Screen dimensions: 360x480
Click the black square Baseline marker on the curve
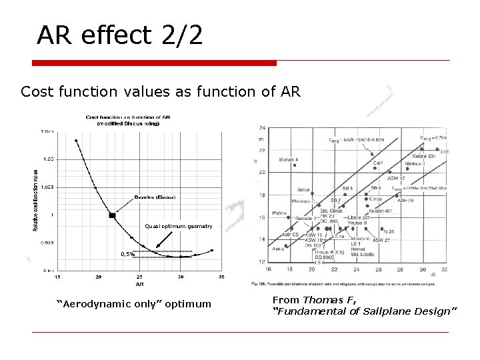click(112, 215)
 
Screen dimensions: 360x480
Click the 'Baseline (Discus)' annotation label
click(155, 197)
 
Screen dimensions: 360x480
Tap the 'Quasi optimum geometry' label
click(179, 226)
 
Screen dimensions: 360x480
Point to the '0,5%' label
click(128, 253)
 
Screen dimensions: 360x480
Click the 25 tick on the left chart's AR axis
click(139, 277)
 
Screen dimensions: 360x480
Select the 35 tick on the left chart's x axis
click(221, 277)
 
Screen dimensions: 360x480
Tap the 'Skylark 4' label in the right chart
click(289, 160)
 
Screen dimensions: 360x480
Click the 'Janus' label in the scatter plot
click(303, 189)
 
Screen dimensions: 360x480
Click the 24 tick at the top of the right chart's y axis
click(262, 127)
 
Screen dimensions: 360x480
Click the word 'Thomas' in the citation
click(324, 300)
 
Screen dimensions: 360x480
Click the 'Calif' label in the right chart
click(377, 163)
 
